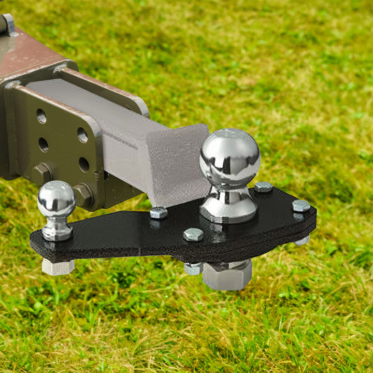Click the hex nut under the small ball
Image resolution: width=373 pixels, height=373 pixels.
58,266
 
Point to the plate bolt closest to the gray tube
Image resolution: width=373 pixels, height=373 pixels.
159,212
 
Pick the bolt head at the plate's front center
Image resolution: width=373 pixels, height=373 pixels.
193,235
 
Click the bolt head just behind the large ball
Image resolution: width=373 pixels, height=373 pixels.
263,187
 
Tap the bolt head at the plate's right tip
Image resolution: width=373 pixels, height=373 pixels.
301,206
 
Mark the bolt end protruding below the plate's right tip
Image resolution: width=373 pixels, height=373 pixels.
302,240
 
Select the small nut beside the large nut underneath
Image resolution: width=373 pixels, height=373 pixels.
193,268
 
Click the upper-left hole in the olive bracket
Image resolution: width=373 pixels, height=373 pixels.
41,116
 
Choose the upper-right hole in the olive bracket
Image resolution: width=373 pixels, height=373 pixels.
82,135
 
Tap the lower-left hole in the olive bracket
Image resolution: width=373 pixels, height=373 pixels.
44,145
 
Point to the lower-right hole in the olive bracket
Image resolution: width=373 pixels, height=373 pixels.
84,164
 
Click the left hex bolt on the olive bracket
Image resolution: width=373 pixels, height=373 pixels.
42,174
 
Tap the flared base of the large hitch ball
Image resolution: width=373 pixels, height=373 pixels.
227,210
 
